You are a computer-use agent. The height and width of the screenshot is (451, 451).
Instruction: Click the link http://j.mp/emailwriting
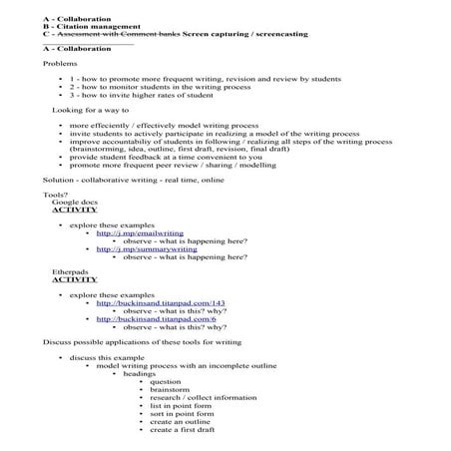134,233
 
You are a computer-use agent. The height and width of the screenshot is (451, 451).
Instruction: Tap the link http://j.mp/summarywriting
139,249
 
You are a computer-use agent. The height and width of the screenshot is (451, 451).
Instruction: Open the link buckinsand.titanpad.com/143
161,302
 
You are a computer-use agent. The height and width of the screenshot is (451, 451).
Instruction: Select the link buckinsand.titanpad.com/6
157,319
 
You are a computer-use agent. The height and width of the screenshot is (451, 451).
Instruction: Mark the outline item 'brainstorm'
173,390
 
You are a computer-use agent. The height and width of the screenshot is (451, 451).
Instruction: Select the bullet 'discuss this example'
108,355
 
